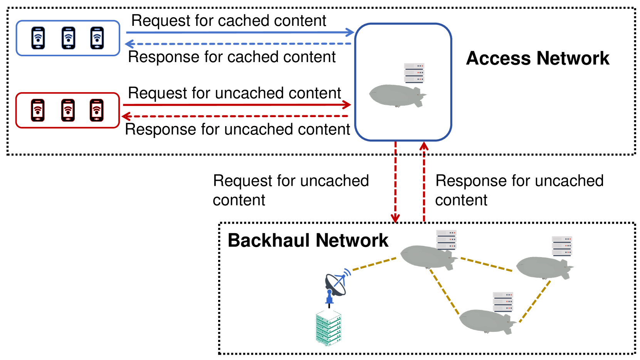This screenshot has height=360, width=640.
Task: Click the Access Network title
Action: pos(538,59)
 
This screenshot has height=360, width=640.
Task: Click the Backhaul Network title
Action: pos(307,241)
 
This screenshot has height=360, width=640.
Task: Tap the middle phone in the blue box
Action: pos(68,38)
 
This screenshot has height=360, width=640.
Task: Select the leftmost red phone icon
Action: pos(38,110)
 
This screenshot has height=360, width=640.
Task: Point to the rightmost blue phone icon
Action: pos(97,38)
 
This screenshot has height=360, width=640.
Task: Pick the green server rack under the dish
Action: pos(328,328)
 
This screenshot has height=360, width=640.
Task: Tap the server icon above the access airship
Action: pos(414,73)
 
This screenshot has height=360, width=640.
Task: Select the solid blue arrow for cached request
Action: pos(239,32)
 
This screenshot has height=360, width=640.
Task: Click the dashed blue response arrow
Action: pos(239,44)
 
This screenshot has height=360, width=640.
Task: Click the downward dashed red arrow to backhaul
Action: pos(395,181)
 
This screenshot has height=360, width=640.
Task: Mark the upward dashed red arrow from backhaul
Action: pos(424,181)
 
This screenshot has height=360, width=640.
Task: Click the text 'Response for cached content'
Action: pos(232,57)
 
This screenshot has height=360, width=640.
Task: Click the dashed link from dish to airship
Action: pos(374,264)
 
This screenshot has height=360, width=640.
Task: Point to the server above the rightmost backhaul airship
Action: pos(562,246)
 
